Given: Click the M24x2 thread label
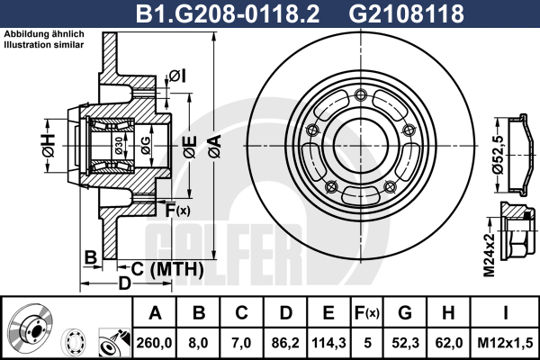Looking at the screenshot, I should [488, 253].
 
